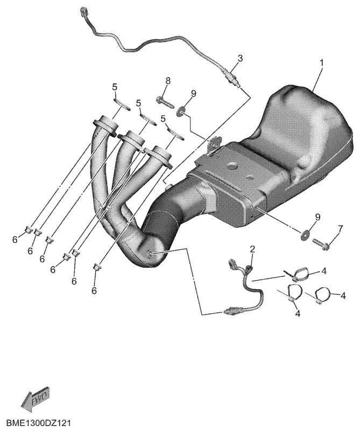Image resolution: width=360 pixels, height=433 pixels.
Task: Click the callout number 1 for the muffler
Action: coord(321,63)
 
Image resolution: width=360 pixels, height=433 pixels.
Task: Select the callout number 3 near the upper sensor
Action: coord(241,58)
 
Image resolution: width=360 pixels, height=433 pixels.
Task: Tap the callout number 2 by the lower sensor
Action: coord(252,249)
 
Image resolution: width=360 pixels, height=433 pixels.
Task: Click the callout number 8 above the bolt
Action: coord(168,81)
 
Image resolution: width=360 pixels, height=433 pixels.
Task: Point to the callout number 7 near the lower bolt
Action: coord(341,229)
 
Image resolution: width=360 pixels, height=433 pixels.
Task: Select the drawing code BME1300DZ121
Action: coord(39,423)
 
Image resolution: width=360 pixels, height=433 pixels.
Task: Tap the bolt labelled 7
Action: coord(320,243)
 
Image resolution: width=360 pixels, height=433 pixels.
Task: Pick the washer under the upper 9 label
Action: coord(181,111)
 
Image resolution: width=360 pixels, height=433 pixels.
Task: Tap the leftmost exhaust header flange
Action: coord(106,125)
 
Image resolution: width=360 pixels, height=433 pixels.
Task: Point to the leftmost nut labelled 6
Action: coord(29,229)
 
